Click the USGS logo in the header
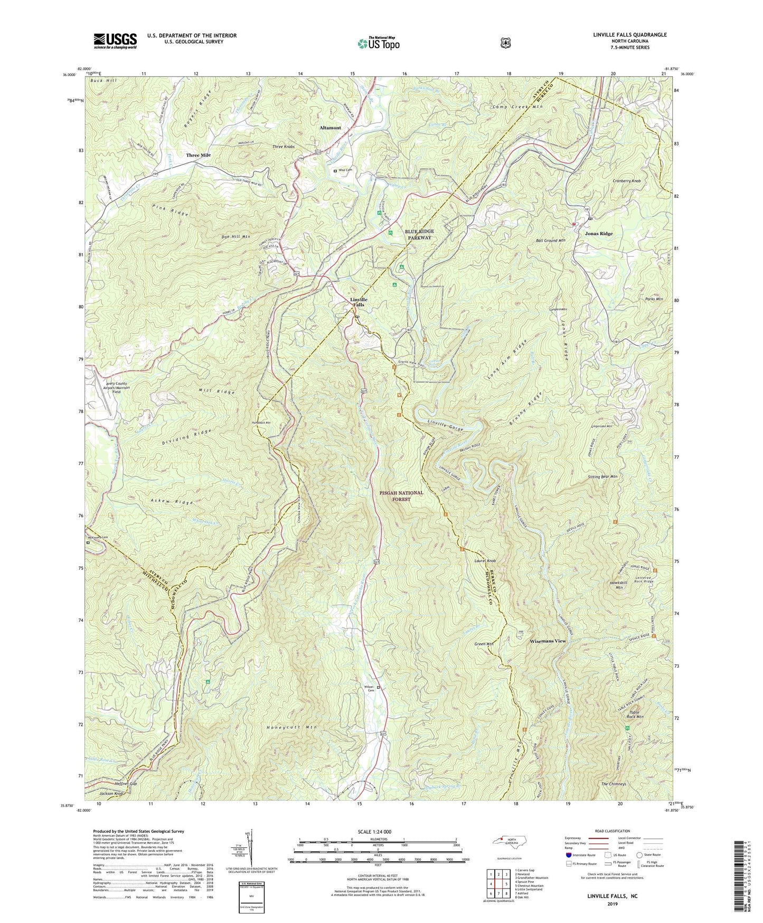click(x=115, y=40)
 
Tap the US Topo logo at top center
click(x=378, y=43)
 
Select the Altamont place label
click(x=330, y=128)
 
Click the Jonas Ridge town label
click(x=599, y=234)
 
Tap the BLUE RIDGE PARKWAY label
click(x=418, y=235)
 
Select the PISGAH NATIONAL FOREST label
click(x=401, y=495)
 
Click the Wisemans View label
click(x=548, y=641)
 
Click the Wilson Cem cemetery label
click(x=369, y=689)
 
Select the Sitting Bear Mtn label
click(x=602, y=477)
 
